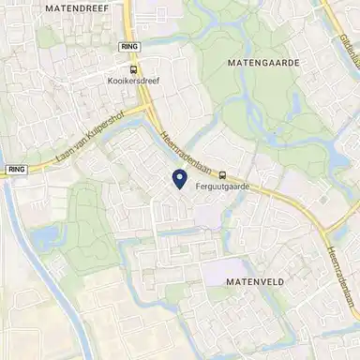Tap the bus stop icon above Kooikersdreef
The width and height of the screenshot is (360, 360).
click(133, 67)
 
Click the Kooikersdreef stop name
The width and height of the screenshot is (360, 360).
click(133, 81)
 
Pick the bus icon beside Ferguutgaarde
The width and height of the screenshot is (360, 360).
click(222, 173)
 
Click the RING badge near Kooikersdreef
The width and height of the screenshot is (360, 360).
click(130, 46)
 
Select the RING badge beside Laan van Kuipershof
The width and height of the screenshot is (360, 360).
click(14, 170)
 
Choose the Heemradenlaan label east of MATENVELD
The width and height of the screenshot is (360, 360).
click(342, 272)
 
